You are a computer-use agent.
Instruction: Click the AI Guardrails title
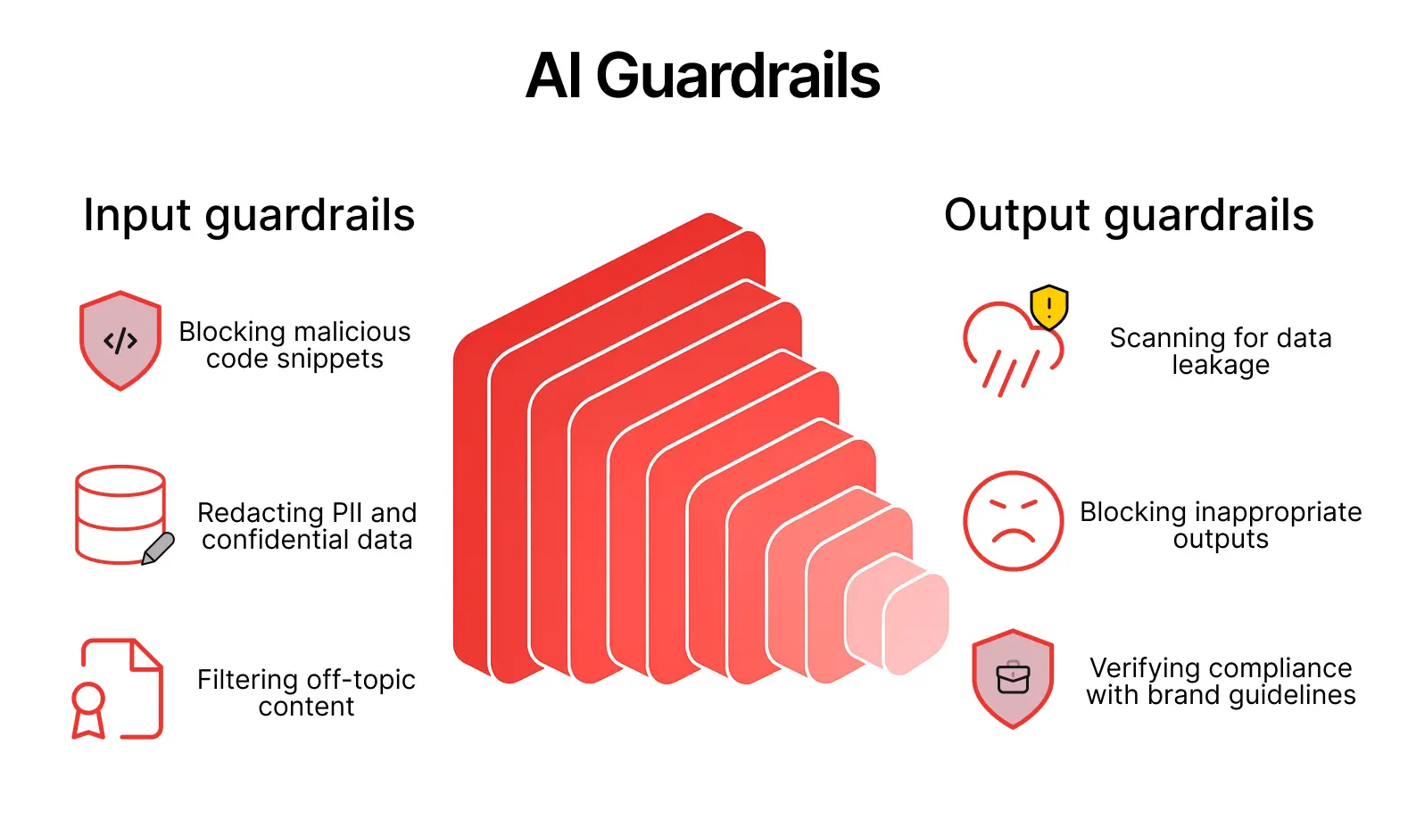tap(703, 77)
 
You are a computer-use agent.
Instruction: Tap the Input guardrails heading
tap(249, 216)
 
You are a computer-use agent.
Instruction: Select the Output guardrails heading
tap(1129, 216)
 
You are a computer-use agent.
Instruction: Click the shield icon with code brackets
tap(120, 340)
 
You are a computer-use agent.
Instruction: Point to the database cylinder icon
tap(120, 513)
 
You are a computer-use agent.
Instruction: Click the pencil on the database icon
tap(159, 548)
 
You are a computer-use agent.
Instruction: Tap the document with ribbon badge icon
tap(119, 688)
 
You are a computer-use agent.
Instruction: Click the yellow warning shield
tap(1049, 307)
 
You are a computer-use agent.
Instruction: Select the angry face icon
tap(1013, 521)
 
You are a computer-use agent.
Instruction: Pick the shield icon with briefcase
tap(1013, 679)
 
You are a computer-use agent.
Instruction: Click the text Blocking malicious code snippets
tap(294, 345)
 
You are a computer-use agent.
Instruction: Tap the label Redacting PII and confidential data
tap(307, 526)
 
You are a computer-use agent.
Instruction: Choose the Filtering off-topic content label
tap(306, 693)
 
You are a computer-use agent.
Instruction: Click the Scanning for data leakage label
tap(1221, 352)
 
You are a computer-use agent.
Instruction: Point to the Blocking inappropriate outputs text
tap(1221, 526)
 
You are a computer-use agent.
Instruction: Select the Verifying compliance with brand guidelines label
tap(1221, 682)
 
